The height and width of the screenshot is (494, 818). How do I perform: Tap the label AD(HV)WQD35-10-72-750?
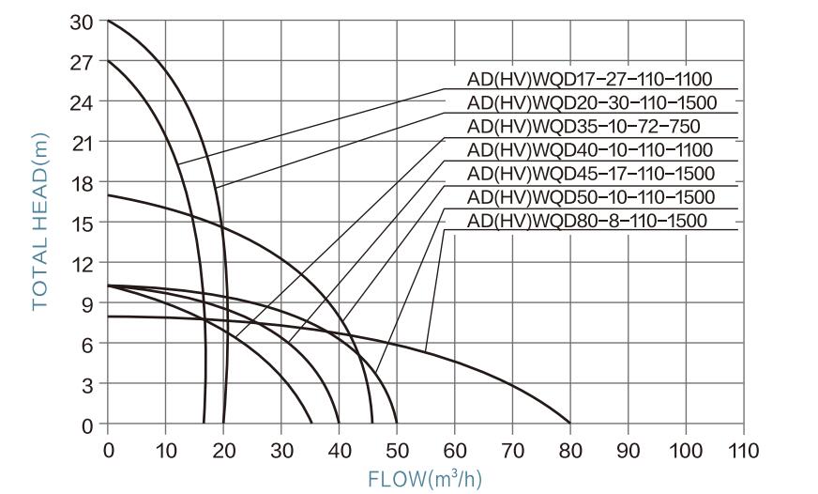pyautogui.click(x=583, y=126)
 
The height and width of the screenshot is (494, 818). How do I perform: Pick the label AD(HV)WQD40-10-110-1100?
pyautogui.click(x=590, y=150)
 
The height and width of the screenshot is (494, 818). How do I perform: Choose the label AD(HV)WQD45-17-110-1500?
pyautogui.click(x=591, y=174)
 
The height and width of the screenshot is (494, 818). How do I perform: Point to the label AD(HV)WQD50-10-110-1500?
pyautogui.click(x=591, y=197)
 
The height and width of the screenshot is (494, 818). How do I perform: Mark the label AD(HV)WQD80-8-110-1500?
pyautogui.click(x=586, y=222)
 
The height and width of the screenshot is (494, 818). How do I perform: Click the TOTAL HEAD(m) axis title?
pyautogui.click(x=40, y=222)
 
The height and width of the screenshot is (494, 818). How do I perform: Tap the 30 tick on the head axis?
pyautogui.click(x=82, y=21)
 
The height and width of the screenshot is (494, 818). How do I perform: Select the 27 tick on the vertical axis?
pyautogui.click(x=82, y=61)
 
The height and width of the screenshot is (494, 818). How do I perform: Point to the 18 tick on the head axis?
pyautogui.click(x=82, y=182)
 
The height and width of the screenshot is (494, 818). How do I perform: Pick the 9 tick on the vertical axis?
pyautogui.click(x=87, y=303)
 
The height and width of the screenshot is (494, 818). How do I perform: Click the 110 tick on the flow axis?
pyautogui.click(x=743, y=449)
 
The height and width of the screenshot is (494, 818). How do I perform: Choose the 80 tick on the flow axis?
pyautogui.click(x=570, y=449)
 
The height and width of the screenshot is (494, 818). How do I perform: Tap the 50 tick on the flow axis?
pyautogui.click(x=397, y=449)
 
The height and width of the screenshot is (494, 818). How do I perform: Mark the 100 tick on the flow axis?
pyautogui.click(x=686, y=449)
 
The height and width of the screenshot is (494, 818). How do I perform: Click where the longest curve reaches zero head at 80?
pyautogui.click(x=570, y=425)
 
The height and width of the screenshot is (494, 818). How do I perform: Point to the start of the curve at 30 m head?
pyautogui.click(x=109, y=21)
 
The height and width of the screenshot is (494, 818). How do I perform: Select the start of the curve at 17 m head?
pyautogui.click(x=109, y=195)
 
